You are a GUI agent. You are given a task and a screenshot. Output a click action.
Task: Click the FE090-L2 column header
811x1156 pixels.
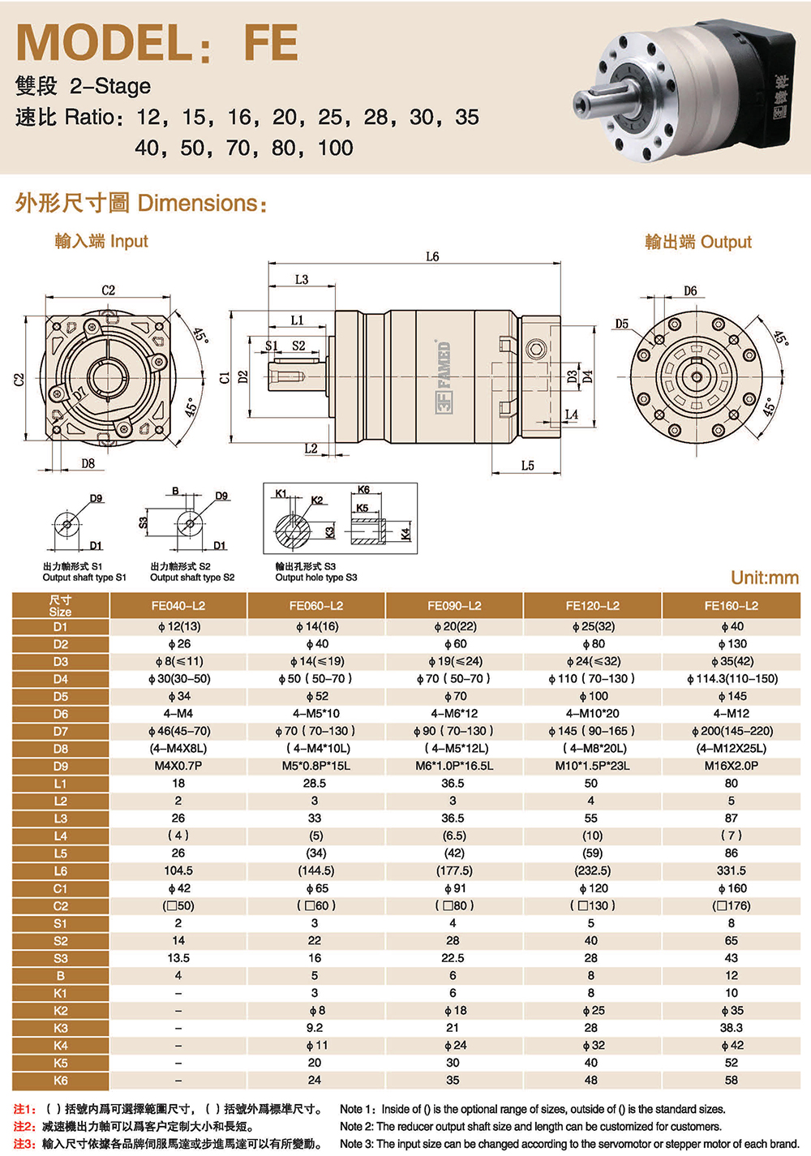point(454,605)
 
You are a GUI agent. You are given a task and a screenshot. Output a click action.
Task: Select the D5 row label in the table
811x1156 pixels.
point(60,696)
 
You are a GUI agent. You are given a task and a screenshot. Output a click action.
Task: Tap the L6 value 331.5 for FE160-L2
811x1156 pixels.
point(731,870)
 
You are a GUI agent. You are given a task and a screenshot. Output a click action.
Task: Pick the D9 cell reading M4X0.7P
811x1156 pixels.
point(178,766)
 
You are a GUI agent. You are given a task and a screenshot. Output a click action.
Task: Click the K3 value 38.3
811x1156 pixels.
point(731,1028)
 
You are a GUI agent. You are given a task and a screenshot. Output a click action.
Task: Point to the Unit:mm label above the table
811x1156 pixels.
point(765,578)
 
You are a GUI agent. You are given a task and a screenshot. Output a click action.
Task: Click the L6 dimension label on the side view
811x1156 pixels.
point(432,256)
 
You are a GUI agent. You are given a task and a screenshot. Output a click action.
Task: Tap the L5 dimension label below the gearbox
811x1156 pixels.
point(527,466)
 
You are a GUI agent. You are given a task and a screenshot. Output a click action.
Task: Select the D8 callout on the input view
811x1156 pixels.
point(88,463)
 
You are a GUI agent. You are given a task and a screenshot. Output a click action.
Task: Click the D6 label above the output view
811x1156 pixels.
point(690,291)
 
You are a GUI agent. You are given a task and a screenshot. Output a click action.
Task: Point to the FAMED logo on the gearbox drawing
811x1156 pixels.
point(443,376)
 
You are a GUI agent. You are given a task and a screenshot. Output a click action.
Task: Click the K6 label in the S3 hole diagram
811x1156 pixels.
point(363,490)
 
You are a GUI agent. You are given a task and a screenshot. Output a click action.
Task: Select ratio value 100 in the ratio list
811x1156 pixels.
point(336,148)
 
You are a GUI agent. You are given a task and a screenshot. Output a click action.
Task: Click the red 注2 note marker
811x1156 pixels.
point(24,1127)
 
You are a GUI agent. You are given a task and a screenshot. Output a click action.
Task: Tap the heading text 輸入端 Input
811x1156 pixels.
point(101,241)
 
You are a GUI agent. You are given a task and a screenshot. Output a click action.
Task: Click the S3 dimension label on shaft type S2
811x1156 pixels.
point(144,522)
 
